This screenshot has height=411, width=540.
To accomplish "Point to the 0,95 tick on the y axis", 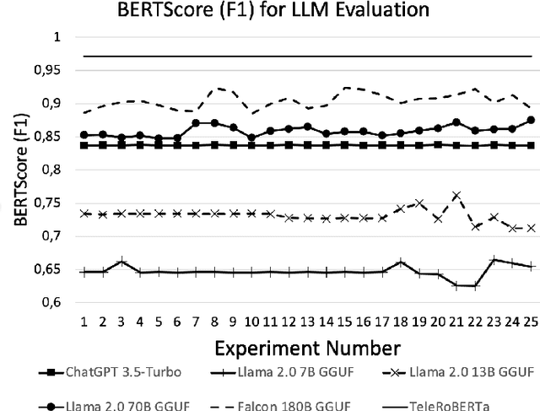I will [x=49, y=71].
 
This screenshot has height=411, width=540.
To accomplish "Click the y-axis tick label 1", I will [x=57, y=38].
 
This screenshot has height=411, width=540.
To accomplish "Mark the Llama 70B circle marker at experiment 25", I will [x=530, y=120].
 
